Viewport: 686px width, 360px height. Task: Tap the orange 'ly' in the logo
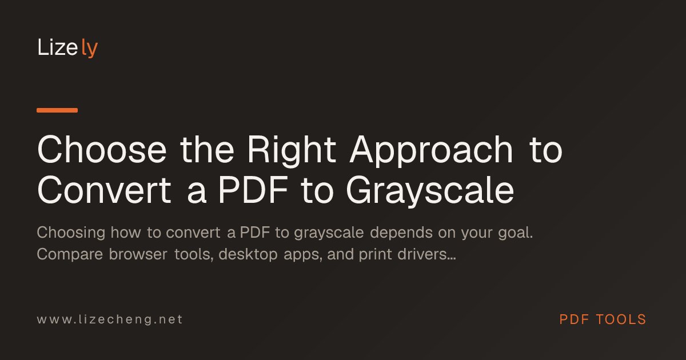tap(90, 48)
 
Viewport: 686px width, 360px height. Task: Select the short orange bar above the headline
tap(57, 110)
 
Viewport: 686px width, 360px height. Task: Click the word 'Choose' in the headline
tap(102, 150)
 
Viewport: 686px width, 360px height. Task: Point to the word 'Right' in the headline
tap(292, 151)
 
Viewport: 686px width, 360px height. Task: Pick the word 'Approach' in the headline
tap(431, 151)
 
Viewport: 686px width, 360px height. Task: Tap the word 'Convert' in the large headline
tap(104, 190)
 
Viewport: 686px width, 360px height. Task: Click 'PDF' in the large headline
tap(253, 190)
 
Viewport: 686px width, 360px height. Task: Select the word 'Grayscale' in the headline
tap(430, 191)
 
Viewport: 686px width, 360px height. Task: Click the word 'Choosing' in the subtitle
tap(71, 233)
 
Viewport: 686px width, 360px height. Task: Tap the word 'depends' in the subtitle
tap(401, 233)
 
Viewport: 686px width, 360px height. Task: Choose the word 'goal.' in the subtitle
tap(516, 233)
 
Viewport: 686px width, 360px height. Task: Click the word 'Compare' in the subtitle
tap(70, 255)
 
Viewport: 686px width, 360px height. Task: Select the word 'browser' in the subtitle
tap(138, 254)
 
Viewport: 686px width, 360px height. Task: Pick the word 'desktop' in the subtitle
tap(248, 255)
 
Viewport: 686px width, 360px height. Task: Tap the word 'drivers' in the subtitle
tap(422, 254)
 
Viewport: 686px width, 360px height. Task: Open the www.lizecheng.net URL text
tap(110, 319)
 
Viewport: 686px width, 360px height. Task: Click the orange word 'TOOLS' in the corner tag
tap(621, 319)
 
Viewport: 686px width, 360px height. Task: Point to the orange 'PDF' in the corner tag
tap(574, 319)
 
